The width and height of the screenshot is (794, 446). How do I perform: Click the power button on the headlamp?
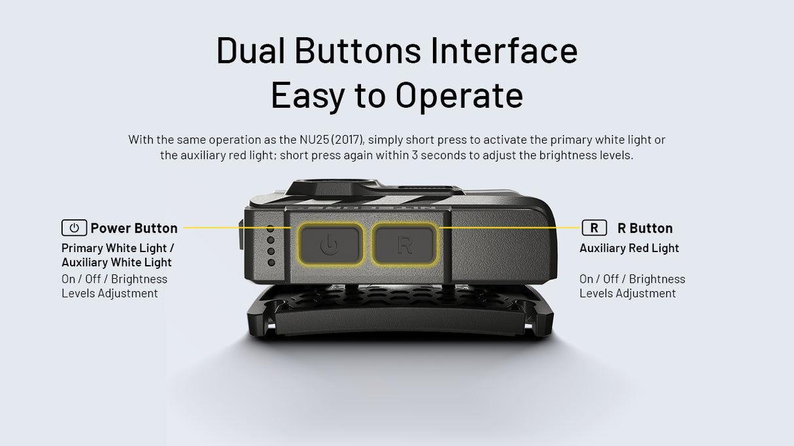point(330,244)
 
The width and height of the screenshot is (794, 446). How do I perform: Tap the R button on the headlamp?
point(404,244)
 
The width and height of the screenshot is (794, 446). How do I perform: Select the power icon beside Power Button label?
point(74,228)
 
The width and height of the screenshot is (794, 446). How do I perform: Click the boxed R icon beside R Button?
point(594,228)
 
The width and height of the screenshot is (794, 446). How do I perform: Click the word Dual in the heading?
point(250,51)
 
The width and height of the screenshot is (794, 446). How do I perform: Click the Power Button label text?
point(134,228)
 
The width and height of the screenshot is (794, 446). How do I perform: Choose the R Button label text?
point(645,228)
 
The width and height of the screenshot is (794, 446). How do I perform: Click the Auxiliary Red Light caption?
point(629,248)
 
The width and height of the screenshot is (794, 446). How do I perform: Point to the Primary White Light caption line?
point(118,248)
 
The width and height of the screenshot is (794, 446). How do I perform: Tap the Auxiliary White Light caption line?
point(116,263)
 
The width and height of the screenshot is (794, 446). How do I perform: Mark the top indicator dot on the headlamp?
point(270,229)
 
